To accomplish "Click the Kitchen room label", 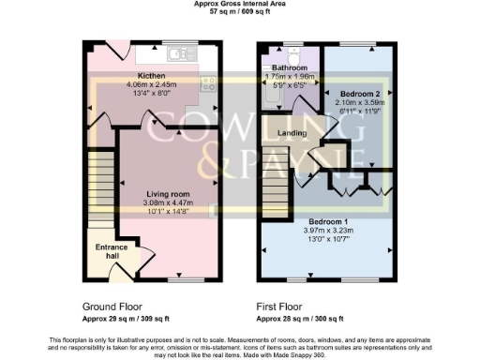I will point(151,74).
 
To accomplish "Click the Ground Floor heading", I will point(113,307).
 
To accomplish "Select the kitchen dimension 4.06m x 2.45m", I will point(151,83).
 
